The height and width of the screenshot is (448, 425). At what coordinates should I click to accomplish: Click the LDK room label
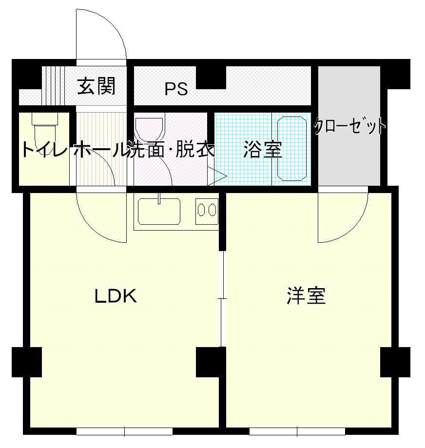[x=116, y=296]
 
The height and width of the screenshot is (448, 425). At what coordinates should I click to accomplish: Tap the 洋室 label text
[x=306, y=296]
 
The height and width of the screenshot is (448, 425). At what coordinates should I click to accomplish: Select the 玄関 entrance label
[x=96, y=86]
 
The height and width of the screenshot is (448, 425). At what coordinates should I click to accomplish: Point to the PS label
[x=176, y=89]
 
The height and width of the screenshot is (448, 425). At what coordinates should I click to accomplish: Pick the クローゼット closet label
[x=350, y=126]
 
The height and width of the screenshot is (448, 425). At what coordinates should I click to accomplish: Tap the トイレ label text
[x=44, y=149]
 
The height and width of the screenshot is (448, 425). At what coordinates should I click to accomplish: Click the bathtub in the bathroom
[x=292, y=149]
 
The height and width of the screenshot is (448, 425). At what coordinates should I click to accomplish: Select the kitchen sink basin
[x=159, y=212]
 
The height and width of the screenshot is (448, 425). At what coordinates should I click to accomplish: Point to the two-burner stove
[x=207, y=211]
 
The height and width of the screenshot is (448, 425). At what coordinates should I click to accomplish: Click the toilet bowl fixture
[x=45, y=134]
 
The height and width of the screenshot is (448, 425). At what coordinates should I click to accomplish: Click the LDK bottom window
[x=125, y=431]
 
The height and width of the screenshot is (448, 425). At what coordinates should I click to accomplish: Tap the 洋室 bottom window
[x=297, y=431]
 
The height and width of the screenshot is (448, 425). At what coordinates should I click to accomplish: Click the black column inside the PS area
[x=211, y=78]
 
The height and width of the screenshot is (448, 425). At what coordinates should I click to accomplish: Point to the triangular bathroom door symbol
[x=217, y=176]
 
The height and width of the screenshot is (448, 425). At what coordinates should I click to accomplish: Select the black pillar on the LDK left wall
[x=27, y=362]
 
